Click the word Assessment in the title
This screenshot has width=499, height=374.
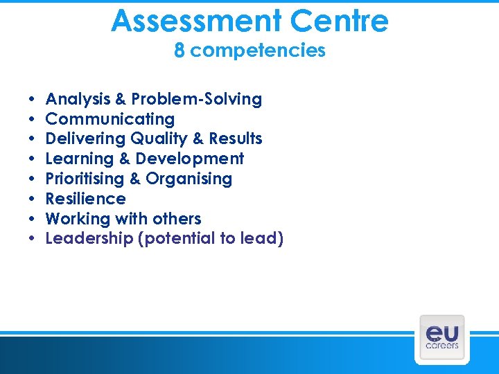[x=197, y=21]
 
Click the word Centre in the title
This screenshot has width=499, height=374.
[x=340, y=21]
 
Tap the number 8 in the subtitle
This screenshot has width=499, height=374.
[x=180, y=51]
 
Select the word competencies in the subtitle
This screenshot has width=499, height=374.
[x=258, y=51]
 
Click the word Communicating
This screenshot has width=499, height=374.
[x=110, y=119]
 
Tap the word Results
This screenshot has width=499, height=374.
[x=237, y=139]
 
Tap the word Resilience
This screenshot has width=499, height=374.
[x=85, y=199]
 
